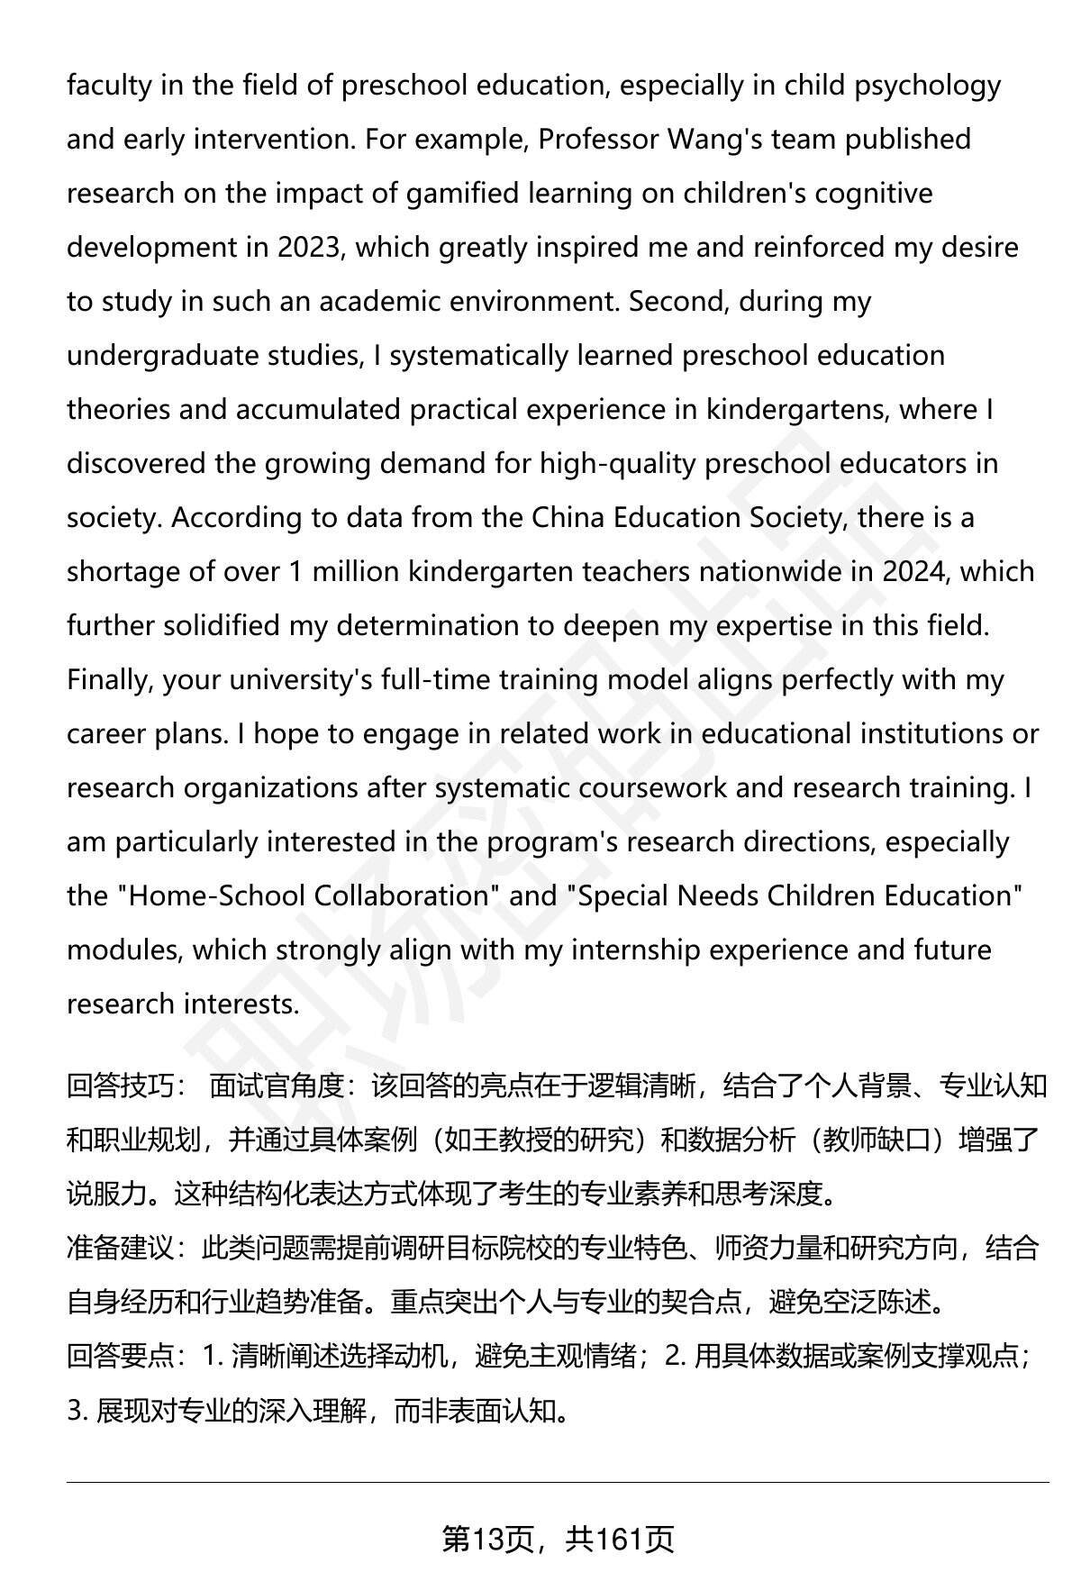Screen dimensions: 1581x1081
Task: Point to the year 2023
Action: (307, 248)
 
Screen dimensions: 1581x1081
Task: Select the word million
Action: (354, 572)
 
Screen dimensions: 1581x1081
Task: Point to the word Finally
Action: (109, 680)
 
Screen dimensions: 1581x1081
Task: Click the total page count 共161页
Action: (620, 1540)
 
